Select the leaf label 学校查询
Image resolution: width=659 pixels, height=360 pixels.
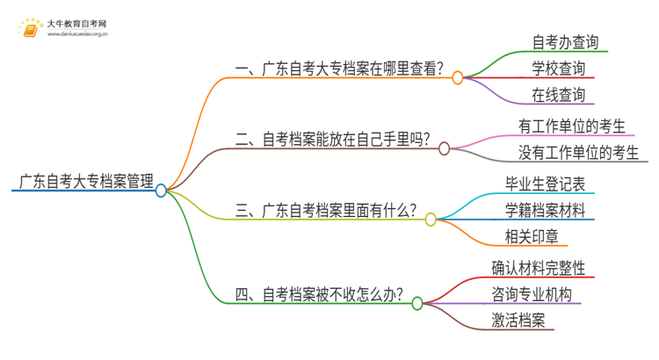click(558, 68)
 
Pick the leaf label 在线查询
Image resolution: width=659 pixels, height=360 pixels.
click(558, 94)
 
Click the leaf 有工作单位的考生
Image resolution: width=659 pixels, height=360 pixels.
click(571, 127)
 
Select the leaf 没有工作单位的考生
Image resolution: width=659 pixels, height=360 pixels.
click(578, 153)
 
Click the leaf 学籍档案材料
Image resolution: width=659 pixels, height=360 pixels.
click(546, 211)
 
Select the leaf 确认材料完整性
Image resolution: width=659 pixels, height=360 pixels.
click(539, 268)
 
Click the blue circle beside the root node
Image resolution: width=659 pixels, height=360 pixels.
click(161, 190)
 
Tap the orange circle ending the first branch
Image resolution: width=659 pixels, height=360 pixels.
click(457, 78)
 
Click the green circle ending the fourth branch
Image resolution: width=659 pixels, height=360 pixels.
click(417, 303)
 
